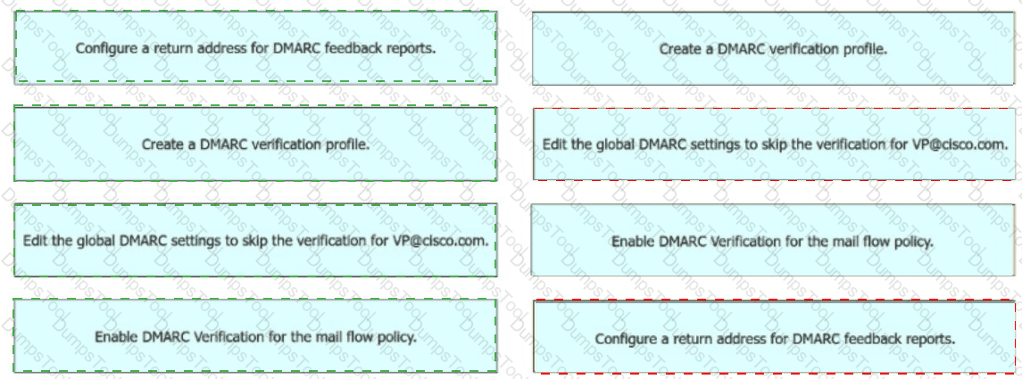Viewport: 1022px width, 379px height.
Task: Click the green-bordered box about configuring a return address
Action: coord(255,48)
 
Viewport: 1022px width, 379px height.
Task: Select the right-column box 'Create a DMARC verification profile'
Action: coord(773,49)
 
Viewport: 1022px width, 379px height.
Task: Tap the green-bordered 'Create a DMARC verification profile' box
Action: coord(255,144)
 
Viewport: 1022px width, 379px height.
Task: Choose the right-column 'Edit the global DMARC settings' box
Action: coord(773,144)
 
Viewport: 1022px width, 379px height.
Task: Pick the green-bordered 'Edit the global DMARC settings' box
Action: coord(255,240)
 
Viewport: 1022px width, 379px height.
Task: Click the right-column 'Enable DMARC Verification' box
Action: coord(773,241)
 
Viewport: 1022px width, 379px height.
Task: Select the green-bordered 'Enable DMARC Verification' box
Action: coord(255,336)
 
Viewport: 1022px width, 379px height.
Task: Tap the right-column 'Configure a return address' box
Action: coord(773,338)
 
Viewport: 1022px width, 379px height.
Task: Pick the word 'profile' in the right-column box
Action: coord(865,49)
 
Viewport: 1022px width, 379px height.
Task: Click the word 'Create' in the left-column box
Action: coord(162,144)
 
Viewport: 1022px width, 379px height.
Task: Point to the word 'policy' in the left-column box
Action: coord(397,336)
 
